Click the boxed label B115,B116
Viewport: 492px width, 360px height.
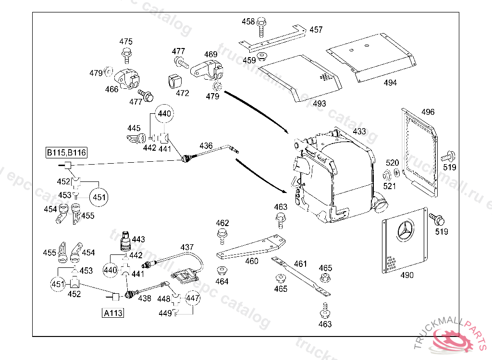tap(66, 153)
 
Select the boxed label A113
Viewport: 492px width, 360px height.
tap(113, 313)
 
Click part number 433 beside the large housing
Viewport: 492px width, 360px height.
tap(359, 131)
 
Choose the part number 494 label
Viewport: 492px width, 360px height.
tap(390, 83)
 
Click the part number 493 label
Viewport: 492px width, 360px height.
tap(319, 103)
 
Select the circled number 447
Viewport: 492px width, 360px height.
tap(193, 299)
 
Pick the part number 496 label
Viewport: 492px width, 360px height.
tap(428, 112)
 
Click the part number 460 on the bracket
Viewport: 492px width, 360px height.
tap(251, 261)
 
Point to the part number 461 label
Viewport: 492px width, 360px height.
tap(300, 264)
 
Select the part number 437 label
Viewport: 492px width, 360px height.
tap(187, 247)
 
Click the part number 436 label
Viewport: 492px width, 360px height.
tap(206, 145)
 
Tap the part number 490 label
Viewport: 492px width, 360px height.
tap(406, 275)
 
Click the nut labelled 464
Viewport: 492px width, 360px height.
tap(222, 270)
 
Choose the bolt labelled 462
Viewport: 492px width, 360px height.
tap(222, 235)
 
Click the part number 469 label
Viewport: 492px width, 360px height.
tap(211, 54)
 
